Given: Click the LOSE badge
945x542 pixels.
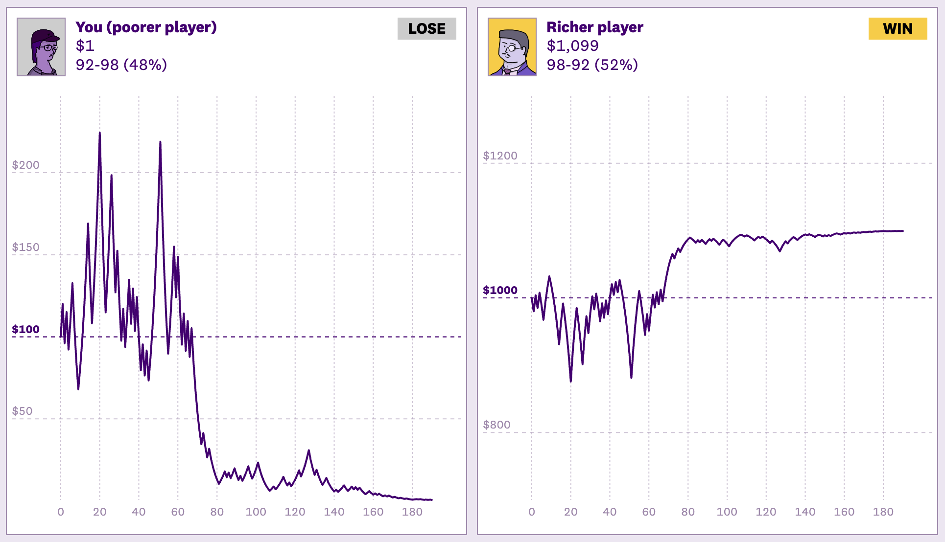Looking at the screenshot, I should pos(426,29).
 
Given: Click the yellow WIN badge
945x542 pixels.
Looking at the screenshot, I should pos(898,29).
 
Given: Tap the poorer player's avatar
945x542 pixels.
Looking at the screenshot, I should pos(41,47).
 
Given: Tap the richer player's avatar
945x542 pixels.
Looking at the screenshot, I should pos(512,47).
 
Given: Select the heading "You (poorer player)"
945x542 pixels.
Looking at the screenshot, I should pos(146,27).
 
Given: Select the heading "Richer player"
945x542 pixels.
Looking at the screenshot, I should pos(594,27).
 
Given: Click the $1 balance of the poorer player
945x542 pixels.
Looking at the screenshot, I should pos(85,45).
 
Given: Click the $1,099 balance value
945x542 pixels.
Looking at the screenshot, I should pos(572,45).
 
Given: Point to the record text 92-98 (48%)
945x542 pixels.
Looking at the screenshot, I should pos(121,65).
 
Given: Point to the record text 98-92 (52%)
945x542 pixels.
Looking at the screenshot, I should pos(592,65).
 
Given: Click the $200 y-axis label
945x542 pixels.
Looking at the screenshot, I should pos(25,165).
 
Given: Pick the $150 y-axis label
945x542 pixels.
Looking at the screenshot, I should pos(25,247).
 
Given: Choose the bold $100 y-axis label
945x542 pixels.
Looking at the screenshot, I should pos(25,329).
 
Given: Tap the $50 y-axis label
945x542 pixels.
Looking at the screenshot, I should pos(22,411).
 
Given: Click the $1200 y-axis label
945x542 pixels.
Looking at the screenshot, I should pos(500,156).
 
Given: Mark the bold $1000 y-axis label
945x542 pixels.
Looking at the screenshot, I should pos(500,290).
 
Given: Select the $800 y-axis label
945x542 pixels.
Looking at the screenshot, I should pos(496,425).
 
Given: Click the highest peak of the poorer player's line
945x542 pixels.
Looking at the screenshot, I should pos(100,133).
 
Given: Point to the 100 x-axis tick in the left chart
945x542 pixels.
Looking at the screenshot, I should pos(256,512).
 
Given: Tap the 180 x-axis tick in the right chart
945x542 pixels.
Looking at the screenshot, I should pos(883,512).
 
